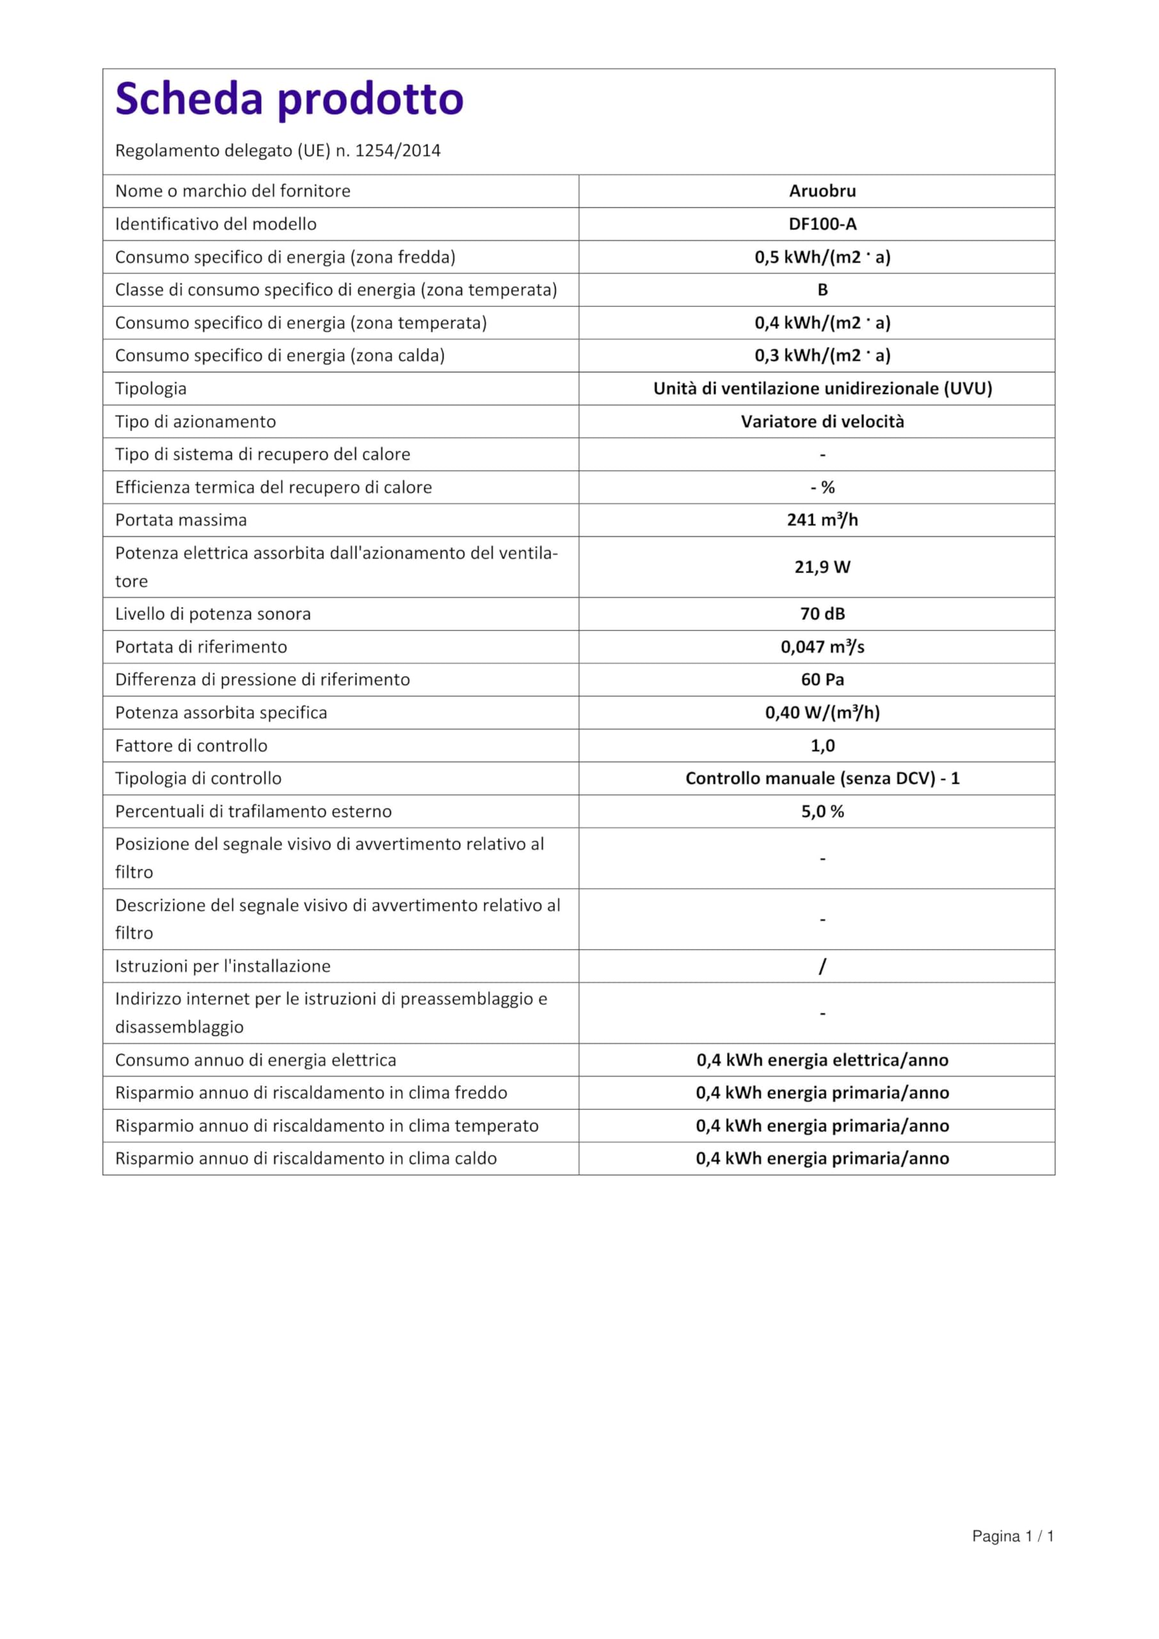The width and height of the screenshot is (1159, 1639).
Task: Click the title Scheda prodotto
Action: [x=289, y=99]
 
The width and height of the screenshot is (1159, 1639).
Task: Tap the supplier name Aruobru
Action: [x=822, y=191]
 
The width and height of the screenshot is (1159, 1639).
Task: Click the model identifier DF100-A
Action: [x=822, y=224]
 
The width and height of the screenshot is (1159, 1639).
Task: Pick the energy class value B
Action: [x=822, y=290]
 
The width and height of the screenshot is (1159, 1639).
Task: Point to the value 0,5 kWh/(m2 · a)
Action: [x=822, y=257]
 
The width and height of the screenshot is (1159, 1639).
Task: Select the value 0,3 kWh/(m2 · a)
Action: [x=822, y=355]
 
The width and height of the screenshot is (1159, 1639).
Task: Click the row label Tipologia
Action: [x=150, y=389]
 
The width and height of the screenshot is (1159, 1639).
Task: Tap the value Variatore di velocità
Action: [x=822, y=421]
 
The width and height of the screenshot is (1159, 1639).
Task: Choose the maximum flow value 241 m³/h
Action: [x=822, y=520]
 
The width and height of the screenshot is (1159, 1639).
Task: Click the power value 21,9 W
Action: [x=822, y=567]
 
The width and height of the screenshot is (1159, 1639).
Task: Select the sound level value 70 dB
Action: [x=822, y=614]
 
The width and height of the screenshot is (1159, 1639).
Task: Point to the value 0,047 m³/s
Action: [x=822, y=647]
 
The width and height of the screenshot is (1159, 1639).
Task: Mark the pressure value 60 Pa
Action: [x=822, y=679]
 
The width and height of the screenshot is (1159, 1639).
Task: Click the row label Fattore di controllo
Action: [x=191, y=745]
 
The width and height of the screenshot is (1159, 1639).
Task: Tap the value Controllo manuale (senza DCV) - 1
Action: [x=822, y=778]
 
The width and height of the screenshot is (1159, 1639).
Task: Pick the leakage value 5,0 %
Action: [x=822, y=811]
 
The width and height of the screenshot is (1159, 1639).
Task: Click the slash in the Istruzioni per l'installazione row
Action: [x=822, y=966]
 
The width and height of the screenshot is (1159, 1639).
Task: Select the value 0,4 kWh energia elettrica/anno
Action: [x=822, y=1060]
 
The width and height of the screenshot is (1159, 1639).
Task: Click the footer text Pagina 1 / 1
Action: [x=1012, y=1536]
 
